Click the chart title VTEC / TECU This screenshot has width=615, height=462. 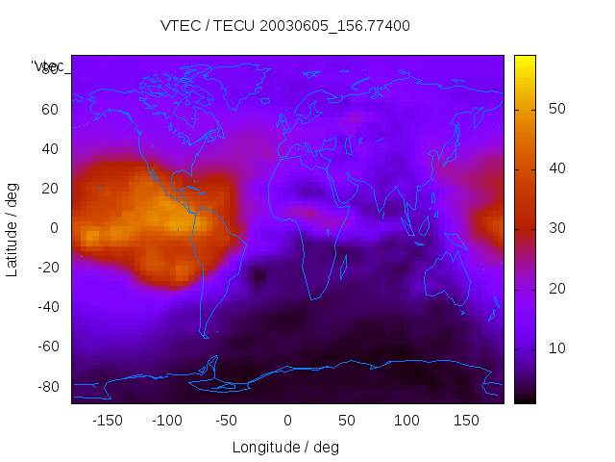click(x=285, y=26)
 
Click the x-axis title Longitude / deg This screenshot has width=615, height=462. click(x=285, y=447)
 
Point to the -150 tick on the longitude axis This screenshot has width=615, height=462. click(x=108, y=421)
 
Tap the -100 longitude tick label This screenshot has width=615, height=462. click(x=167, y=421)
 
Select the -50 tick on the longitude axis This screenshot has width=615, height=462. click(x=227, y=421)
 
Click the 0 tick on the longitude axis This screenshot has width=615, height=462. click(x=287, y=421)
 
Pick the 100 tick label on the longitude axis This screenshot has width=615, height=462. click(x=406, y=421)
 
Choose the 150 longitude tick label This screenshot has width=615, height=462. click(x=466, y=421)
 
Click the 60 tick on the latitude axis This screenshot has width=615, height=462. click(x=50, y=109)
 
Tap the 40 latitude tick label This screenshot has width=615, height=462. click(x=50, y=149)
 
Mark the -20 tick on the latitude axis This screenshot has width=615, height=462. click(x=47, y=268)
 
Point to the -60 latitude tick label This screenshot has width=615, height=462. click(x=47, y=346)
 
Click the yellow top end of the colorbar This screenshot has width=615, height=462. click(x=525, y=60)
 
